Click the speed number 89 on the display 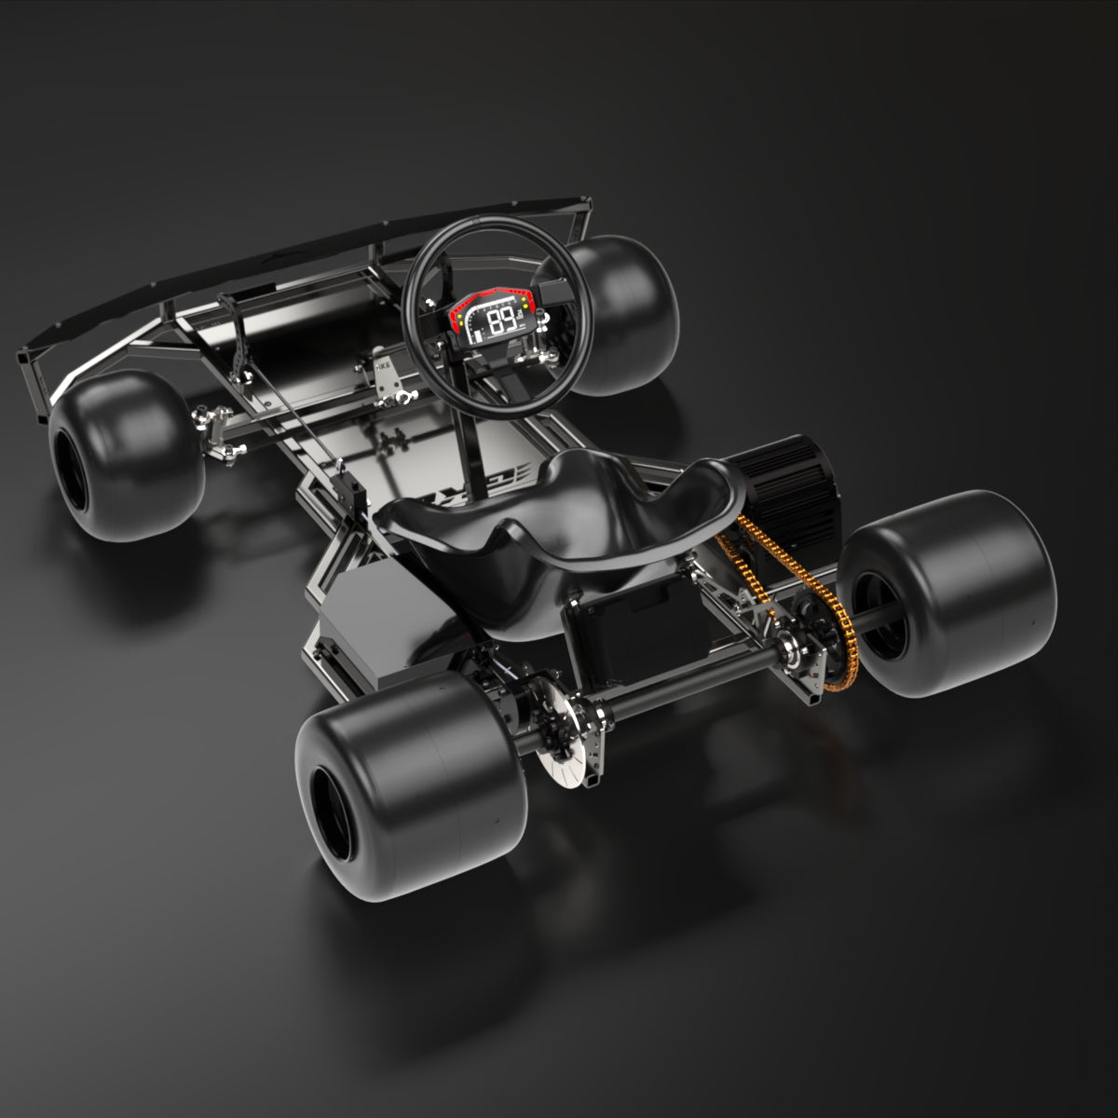click(x=504, y=321)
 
